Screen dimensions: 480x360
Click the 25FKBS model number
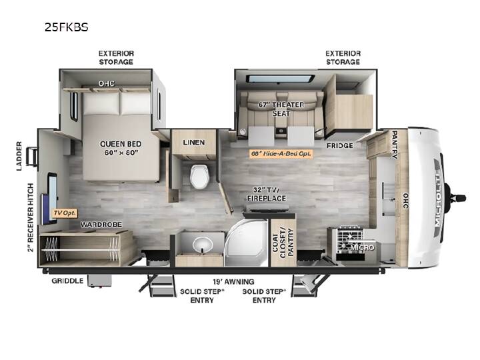tap(67, 27)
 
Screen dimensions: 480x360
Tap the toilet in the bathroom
tap(199, 176)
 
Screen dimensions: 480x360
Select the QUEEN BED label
tap(121, 144)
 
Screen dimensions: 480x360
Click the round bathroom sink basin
tap(203, 244)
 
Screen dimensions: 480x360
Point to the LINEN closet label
tap(194, 143)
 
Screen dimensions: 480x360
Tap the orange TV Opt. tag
tap(65, 213)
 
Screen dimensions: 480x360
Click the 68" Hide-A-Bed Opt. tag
tap(281, 154)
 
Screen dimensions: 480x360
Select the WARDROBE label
tap(101, 225)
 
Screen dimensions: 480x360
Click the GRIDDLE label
tap(67, 281)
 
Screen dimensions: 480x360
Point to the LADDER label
tap(19, 156)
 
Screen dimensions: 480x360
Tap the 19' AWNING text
tap(233, 281)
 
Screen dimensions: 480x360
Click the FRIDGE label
tap(340, 146)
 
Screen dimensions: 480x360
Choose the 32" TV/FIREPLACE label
tap(267, 194)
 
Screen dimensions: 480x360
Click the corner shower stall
tap(247, 242)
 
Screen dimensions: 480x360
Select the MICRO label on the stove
tap(363, 247)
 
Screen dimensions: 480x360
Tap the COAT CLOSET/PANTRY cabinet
tap(283, 242)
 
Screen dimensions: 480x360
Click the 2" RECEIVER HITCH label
tap(31, 217)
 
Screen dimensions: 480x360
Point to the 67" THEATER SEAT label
tap(281, 109)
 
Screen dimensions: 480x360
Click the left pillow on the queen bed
tap(101, 103)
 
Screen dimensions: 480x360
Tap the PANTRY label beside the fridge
tap(395, 145)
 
